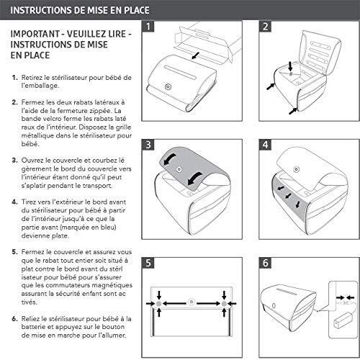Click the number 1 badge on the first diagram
click(x=148, y=27)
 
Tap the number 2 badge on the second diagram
click(x=265, y=27)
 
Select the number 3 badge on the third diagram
click(x=148, y=145)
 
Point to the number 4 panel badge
click(x=265, y=145)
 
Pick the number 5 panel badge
click(x=148, y=263)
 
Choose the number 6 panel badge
click(x=265, y=263)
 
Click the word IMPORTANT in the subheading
click(x=35, y=34)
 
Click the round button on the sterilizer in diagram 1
click(x=168, y=86)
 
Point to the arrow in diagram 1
click(x=196, y=56)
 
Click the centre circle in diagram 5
click(x=192, y=302)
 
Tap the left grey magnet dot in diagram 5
click(x=158, y=304)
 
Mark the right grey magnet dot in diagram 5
click(x=224, y=304)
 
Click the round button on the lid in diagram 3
click(x=179, y=169)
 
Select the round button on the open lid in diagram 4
click(x=297, y=169)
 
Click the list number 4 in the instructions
click(x=14, y=202)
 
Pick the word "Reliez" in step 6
click(x=30, y=319)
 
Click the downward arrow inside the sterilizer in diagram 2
click(x=290, y=66)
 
